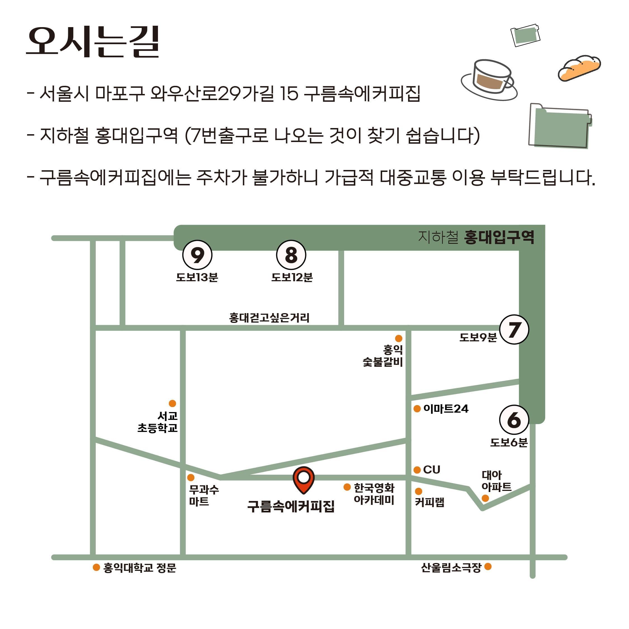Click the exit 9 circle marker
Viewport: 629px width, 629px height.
click(197, 255)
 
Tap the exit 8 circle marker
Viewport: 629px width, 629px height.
click(291, 255)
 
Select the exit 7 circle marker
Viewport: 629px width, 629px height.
click(514, 330)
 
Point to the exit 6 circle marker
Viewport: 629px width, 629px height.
click(514, 420)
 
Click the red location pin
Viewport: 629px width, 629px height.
click(303, 480)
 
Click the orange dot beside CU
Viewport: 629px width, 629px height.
click(417, 470)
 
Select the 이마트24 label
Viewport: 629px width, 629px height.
click(446, 409)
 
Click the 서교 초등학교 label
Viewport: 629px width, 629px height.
click(158, 422)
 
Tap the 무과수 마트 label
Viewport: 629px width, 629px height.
click(204, 495)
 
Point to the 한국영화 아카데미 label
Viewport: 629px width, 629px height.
click(374, 494)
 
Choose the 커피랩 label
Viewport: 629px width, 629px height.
click(429, 502)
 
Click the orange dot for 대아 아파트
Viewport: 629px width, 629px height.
click(485, 498)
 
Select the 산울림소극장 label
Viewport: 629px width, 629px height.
click(451, 567)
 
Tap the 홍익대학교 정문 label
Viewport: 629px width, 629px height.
click(140, 568)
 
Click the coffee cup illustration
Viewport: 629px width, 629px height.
click(489, 79)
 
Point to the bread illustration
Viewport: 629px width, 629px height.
click(579, 68)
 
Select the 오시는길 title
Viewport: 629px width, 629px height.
click(93, 42)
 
